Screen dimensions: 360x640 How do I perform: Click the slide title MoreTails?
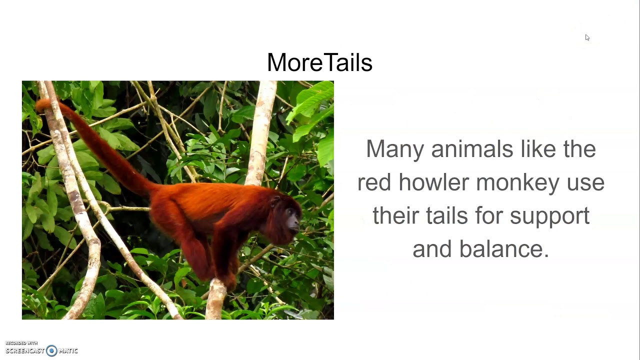click(319, 63)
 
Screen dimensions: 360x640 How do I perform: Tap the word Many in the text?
click(394, 149)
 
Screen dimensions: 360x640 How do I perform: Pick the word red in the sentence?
click(374, 182)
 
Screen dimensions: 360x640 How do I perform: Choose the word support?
click(549, 216)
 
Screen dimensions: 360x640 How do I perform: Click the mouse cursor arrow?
click(587, 37)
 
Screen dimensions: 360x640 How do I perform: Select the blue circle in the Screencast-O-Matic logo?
click(51, 350)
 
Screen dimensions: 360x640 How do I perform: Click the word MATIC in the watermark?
click(68, 350)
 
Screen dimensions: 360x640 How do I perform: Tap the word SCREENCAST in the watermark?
click(25, 350)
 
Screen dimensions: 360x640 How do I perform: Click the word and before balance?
click(432, 249)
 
